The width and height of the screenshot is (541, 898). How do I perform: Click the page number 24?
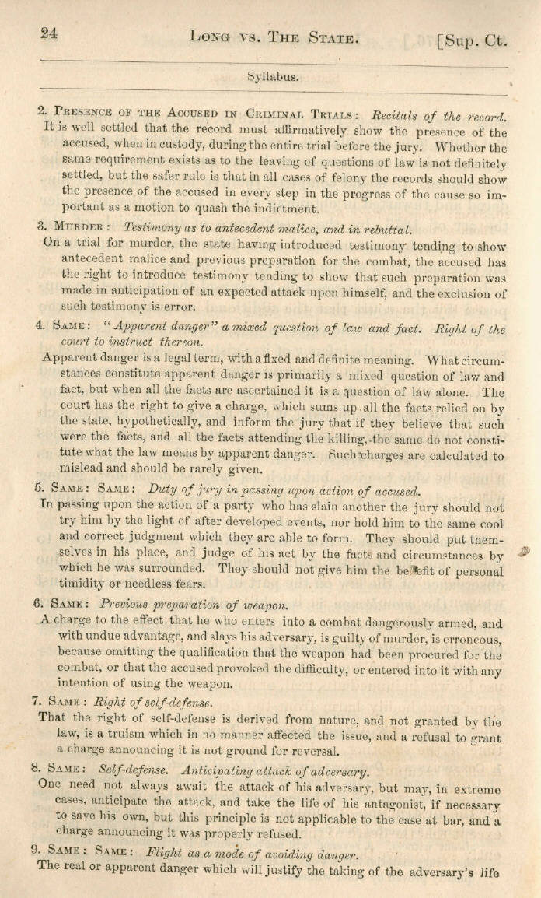click(x=51, y=32)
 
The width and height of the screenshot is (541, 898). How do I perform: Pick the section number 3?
click(x=40, y=226)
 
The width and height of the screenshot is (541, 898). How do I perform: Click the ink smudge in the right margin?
click(x=522, y=551)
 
